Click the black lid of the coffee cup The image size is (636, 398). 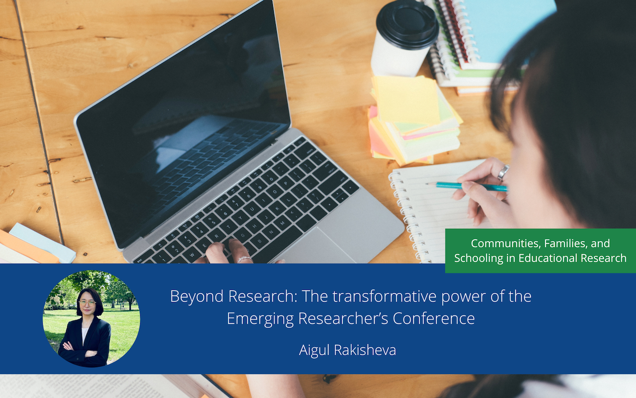pos(407,23)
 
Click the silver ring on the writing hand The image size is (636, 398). pos(503,172)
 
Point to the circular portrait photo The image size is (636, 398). pos(91,319)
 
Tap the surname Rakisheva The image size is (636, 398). pos(366,350)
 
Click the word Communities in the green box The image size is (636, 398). pos(504,244)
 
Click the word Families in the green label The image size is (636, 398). pos(566,244)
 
